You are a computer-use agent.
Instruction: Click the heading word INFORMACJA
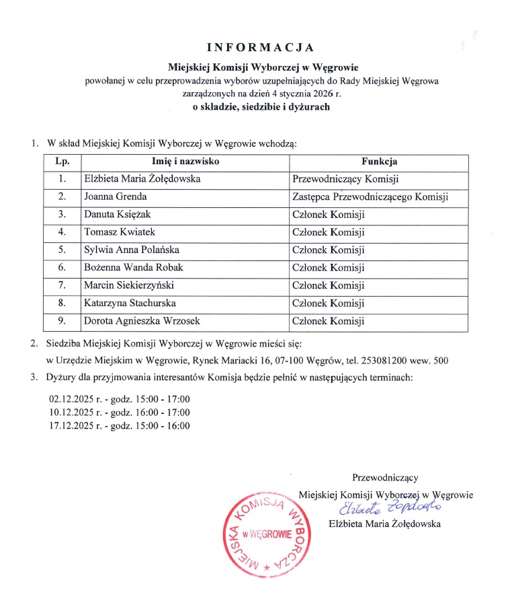click(x=260, y=47)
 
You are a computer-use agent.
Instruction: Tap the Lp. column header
click(x=62, y=162)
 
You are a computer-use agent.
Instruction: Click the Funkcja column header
click(x=379, y=162)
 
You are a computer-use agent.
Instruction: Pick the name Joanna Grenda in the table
click(x=116, y=197)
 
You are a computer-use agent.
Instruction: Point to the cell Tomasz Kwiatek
click(x=118, y=233)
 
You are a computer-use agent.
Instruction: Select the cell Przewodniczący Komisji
click(x=346, y=180)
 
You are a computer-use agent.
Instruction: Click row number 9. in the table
click(x=62, y=321)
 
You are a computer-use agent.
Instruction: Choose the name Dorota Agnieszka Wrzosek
click(x=141, y=321)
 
